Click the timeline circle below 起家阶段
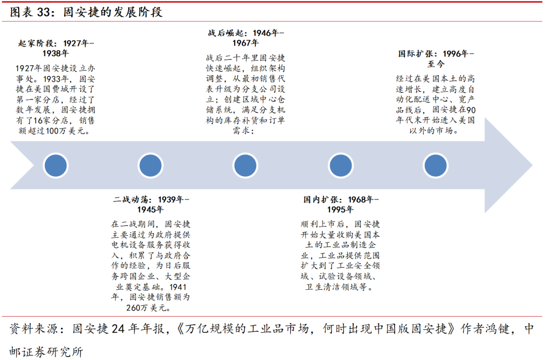click(56, 165)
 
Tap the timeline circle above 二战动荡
click(150, 165)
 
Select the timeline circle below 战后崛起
click(246, 165)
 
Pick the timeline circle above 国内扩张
click(341, 165)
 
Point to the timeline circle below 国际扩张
click(435, 165)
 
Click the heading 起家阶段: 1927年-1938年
click(56, 48)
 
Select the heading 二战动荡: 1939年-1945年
click(151, 204)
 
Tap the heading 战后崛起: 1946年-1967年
click(246, 38)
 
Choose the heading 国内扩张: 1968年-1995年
click(341, 204)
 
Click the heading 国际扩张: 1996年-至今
click(435, 58)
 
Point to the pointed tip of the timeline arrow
click(531, 165)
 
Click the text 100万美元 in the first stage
click(70, 131)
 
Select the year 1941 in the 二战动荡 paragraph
click(176, 287)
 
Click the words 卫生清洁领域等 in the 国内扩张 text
click(341, 287)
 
